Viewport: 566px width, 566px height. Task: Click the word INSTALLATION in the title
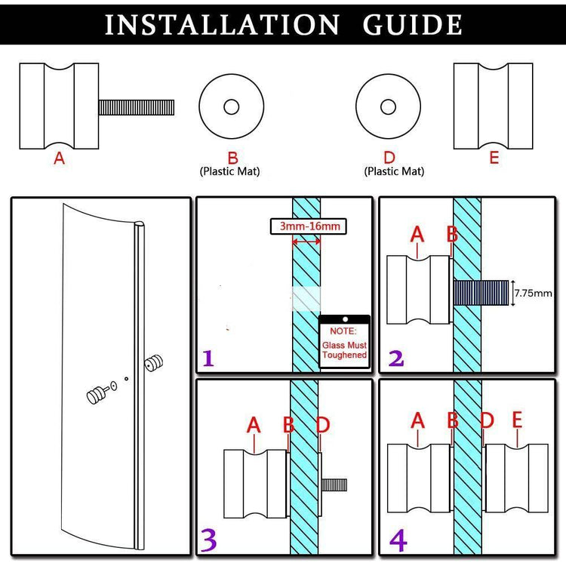[x=222, y=25]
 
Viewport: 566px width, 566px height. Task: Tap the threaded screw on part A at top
[x=137, y=106]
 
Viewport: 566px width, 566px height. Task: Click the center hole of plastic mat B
[x=231, y=106]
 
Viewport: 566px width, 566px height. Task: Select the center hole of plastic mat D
[x=388, y=106]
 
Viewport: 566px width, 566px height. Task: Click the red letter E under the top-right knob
[x=494, y=158]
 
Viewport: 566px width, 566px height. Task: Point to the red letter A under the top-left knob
[x=59, y=158]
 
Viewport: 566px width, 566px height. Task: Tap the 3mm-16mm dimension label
[x=310, y=226]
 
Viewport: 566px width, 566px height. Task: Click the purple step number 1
[x=208, y=358]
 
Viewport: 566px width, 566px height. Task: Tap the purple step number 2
[x=396, y=356]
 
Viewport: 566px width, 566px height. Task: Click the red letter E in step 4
[x=517, y=420]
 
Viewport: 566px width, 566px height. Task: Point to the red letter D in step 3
[x=323, y=425]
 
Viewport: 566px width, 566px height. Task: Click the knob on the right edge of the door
[x=156, y=365]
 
